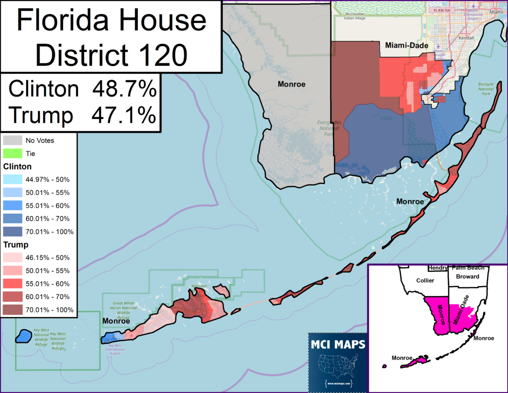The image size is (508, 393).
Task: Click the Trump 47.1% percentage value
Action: pos(124,114)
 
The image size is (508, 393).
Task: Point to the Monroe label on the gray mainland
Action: pos(291,84)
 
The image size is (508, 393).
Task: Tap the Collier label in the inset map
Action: pos(425,281)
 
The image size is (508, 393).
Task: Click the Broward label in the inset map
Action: pos(468,277)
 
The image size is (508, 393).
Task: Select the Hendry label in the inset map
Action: pos(437,268)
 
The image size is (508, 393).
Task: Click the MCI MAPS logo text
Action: pos(338,345)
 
